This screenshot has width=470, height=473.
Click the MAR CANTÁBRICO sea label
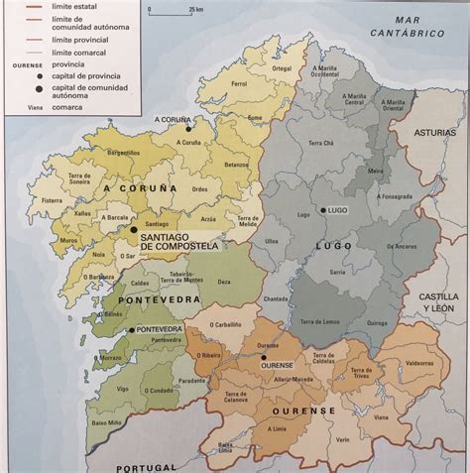coord(406,27)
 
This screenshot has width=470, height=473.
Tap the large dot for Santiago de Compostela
coord(133,229)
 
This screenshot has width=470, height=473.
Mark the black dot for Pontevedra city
coord(130,329)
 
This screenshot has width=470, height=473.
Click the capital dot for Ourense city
coord(264,355)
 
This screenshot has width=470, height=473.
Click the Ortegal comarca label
coord(283,68)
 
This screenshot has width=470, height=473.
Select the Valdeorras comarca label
coord(420,362)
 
